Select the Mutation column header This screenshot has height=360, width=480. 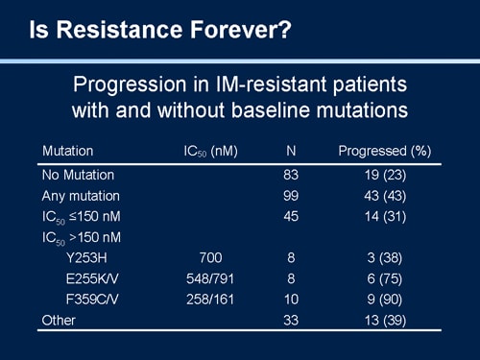click(x=67, y=151)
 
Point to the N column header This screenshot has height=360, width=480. click(x=291, y=151)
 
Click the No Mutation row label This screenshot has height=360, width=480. click(x=78, y=175)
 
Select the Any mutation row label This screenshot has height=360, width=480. click(x=81, y=196)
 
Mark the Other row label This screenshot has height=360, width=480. click(x=60, y=320)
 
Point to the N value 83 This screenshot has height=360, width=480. click(x=291, y=175)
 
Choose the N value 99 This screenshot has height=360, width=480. click(x=291, y=196)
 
